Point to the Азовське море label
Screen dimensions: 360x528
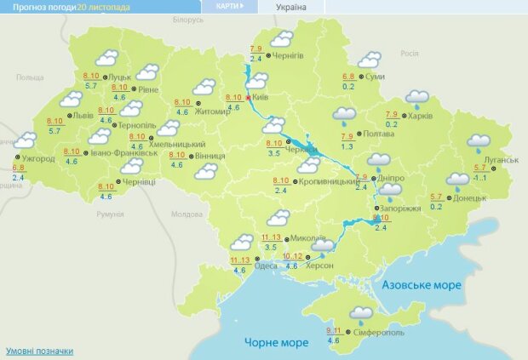pyautogui.click(x=422, y=283)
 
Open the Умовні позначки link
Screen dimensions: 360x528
pyautogui.click(x=39, y=351)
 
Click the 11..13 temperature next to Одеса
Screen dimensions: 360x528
pyautogui.click(x=240, y=260)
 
